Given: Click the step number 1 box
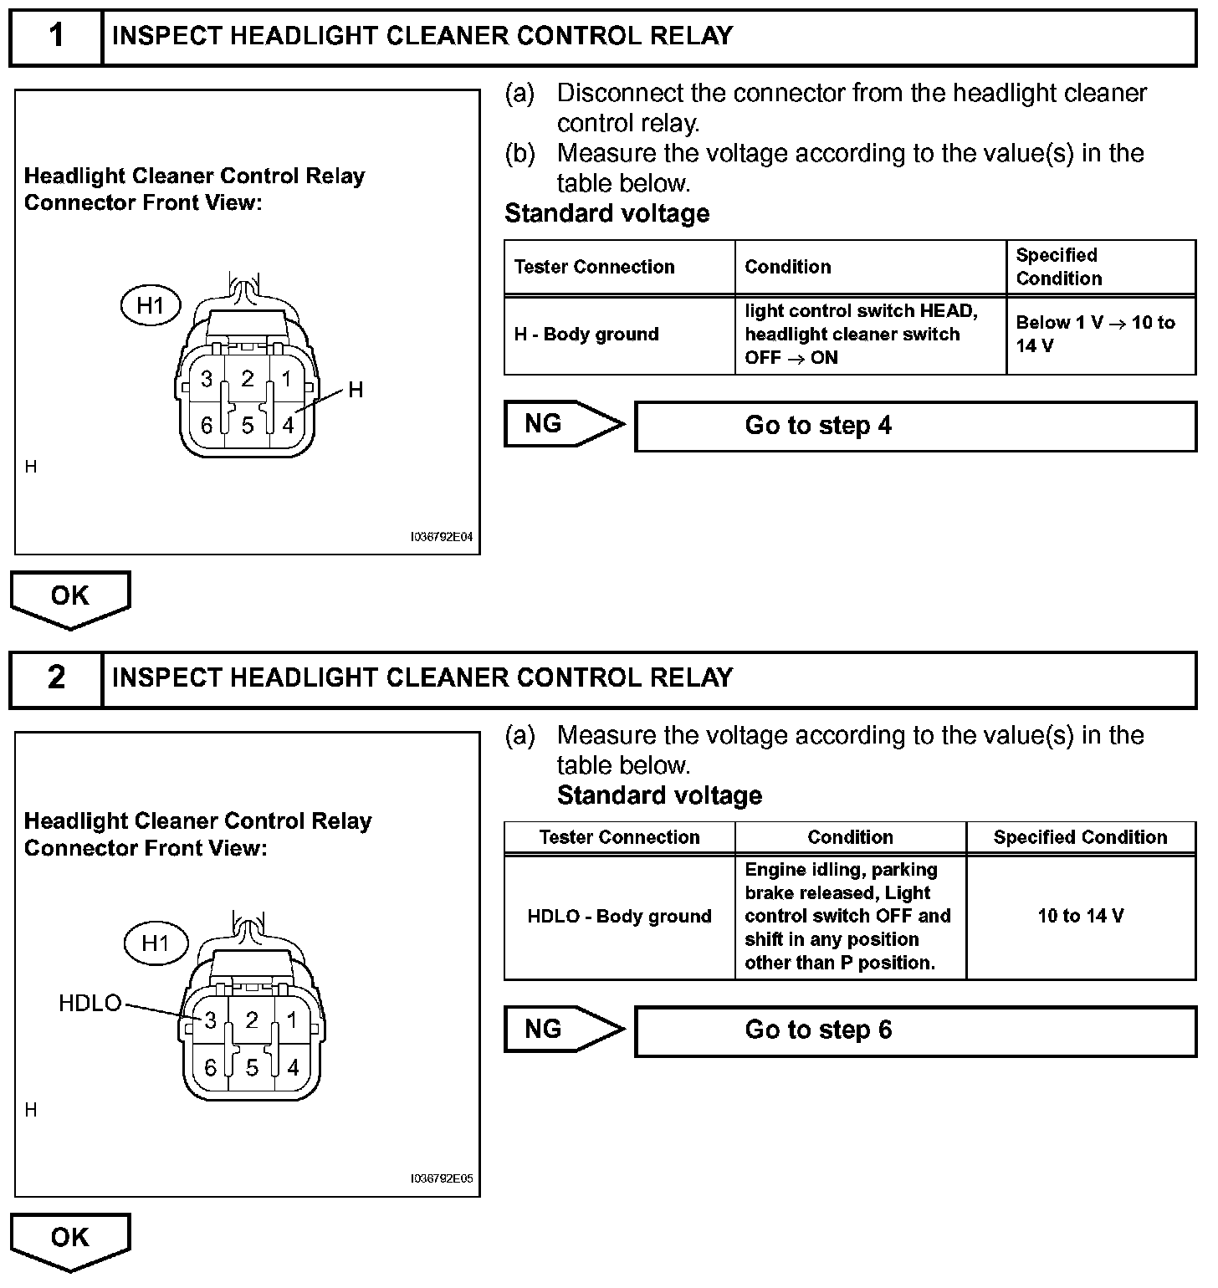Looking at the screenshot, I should pos(56,37).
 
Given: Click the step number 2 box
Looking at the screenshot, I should pos(56,677).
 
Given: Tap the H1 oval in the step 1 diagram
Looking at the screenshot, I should pos(151,306).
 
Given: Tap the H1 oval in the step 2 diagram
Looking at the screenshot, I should pos(156,944).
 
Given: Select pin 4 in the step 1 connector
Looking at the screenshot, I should pos(288,425).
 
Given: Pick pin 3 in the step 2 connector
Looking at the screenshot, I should pos(210,1020).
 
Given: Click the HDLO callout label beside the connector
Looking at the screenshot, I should pos(90,1004).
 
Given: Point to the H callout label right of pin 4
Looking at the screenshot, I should pos(356,390).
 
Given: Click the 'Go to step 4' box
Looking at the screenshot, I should pos(915,427).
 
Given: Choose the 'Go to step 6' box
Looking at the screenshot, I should pos(915,1030).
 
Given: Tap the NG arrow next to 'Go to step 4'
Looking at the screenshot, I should pos(562,424).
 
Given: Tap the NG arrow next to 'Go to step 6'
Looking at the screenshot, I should pos(562,1029).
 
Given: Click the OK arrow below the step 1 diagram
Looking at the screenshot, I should pos(70,597).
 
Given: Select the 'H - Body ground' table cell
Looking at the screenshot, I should pos(620,335).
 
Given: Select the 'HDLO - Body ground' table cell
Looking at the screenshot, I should pos(620,917).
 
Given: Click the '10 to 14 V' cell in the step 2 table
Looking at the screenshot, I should pos(1081,917).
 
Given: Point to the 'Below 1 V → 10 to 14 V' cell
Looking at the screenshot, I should pos(1100,335).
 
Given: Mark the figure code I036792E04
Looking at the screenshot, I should pos(442,538).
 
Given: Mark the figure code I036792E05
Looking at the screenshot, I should pos(442,1179).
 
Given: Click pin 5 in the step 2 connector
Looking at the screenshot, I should pos(252,1068).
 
